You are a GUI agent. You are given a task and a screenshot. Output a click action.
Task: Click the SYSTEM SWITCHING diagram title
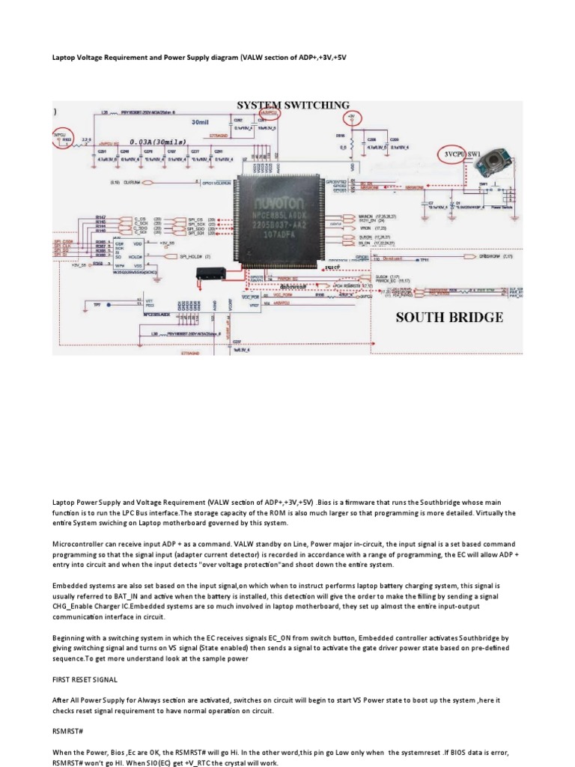click(x=293, y=105)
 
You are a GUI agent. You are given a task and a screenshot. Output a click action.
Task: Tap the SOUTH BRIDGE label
click(x=449, y=317)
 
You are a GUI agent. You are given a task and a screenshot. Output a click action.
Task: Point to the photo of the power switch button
click(x=488, y=160)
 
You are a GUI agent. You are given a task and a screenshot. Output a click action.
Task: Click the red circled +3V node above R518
click(x=352, y=118)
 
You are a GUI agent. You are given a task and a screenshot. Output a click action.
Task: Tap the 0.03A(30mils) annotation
click(x=157, y=142)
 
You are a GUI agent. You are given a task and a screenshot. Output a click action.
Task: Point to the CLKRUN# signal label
click(x=133, y=182)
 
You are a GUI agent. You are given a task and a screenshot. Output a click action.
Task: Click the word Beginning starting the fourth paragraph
click(x=73, y=636)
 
